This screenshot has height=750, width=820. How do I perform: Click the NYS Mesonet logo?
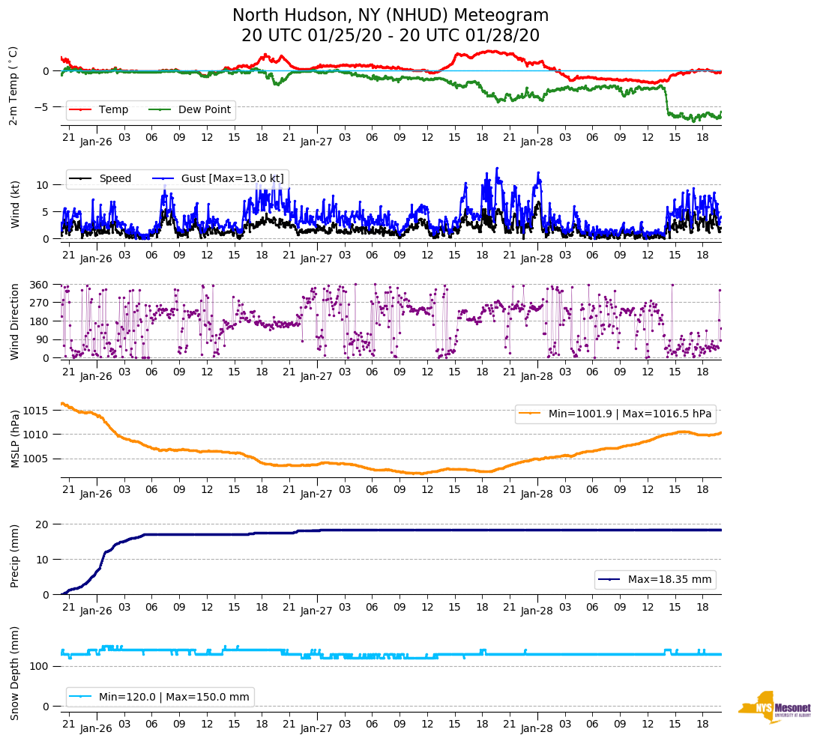[774, 707]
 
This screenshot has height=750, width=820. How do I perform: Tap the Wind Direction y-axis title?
[14, 321]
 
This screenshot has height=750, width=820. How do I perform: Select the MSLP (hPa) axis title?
[14, 439]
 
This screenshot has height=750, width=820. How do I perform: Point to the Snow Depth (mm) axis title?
[14, 673]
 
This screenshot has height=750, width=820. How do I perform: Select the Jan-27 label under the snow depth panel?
[316, 728]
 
